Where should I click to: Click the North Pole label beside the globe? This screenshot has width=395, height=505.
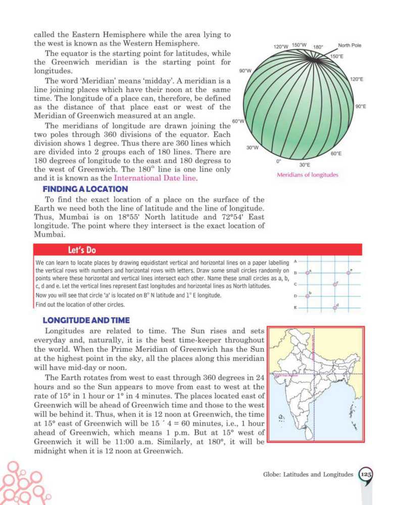[x=350, y=45]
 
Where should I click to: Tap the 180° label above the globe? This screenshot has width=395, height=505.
[x=318, y=47]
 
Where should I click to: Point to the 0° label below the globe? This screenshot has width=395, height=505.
[x=278, y=161]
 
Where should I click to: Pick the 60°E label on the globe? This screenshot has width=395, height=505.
[x=336, y=153]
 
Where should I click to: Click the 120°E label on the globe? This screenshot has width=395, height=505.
[x=357, y=79]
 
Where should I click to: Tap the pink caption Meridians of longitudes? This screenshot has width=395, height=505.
[x=308, y=175]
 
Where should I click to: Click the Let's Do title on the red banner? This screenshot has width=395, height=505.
[x=82, y=250]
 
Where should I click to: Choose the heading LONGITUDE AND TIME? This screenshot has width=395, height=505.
[x=86, y=320]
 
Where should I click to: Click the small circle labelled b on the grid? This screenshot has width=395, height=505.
[x=308, y=296]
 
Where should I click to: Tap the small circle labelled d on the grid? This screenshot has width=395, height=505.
[x=334, y=307]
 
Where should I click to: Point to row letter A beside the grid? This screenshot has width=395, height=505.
[x=295, y=262]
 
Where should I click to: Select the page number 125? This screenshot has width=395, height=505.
[x=366, y=474]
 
